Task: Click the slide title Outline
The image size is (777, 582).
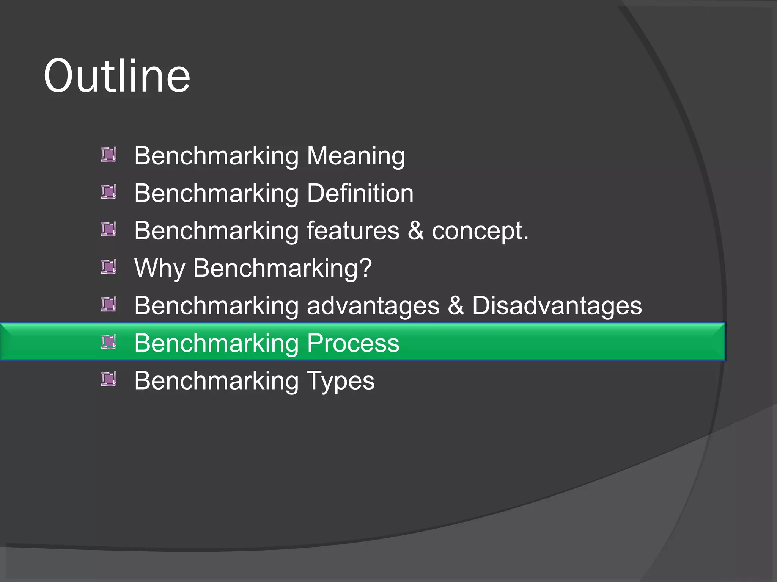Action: click(x=117, y=76)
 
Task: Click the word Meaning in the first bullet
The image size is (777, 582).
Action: click(x=356, y=156)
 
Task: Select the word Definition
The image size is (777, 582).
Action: click(x=360, y=193)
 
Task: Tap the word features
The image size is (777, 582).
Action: click(x=353, y=230)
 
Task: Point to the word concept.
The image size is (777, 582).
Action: click(x=480, y=231)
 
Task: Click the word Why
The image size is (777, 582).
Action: click(x=160, y=268)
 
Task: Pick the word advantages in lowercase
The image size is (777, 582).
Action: click(x=373, y=305)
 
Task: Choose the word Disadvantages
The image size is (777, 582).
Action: click(x=557, y=305)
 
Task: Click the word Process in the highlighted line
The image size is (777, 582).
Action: click(x=353, y=343)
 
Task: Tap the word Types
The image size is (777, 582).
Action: click(x=340, y=381)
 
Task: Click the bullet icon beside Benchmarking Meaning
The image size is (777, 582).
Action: click(x=109, y=155)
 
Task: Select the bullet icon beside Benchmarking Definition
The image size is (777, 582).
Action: click(x=109, y=192)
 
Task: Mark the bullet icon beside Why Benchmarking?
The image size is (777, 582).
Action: click(x=109, y=267)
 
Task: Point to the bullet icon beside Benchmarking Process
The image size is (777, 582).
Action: click(x=109, y=342)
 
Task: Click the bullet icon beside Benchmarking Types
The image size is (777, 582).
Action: click(x=109, y=379)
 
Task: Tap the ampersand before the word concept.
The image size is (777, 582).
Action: click(x=416, y=230)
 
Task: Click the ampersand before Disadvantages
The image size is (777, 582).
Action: click(x=456, y=305)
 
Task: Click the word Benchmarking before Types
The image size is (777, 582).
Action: click(x=216, y=381)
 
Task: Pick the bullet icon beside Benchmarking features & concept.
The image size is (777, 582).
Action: click(x=109, y=229)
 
